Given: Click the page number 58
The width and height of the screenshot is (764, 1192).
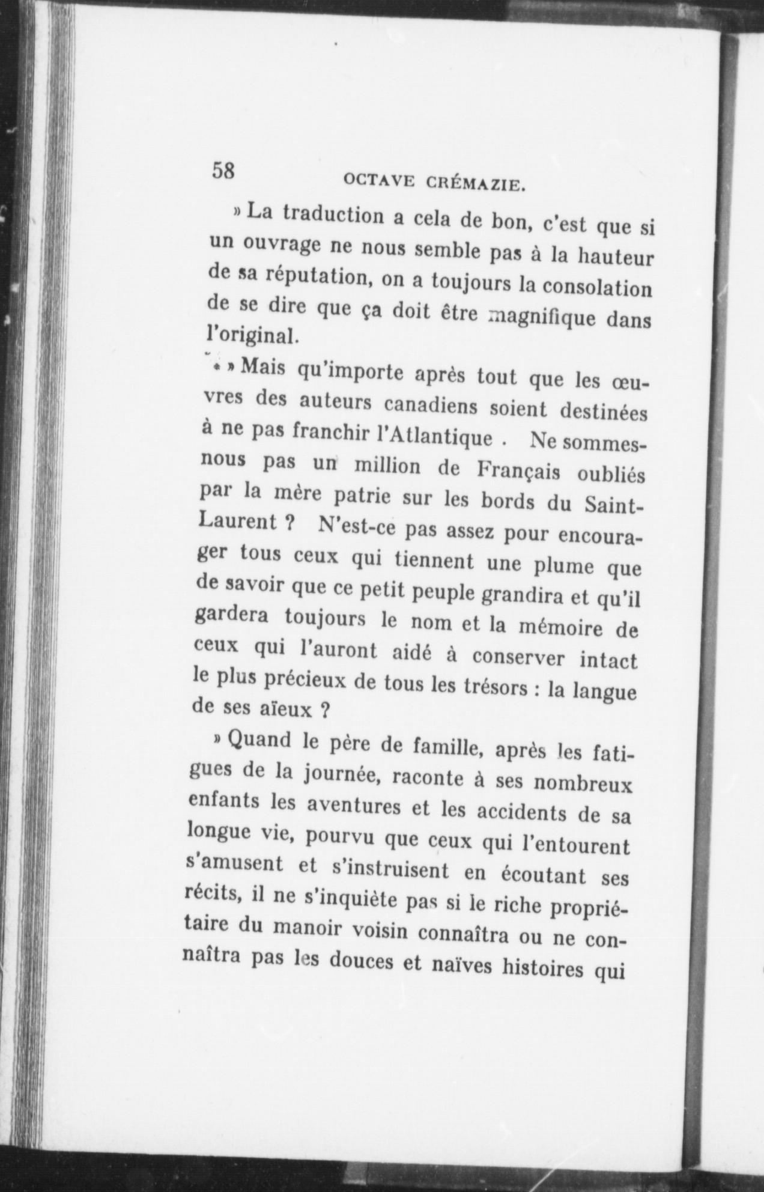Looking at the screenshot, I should click(222, 170).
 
